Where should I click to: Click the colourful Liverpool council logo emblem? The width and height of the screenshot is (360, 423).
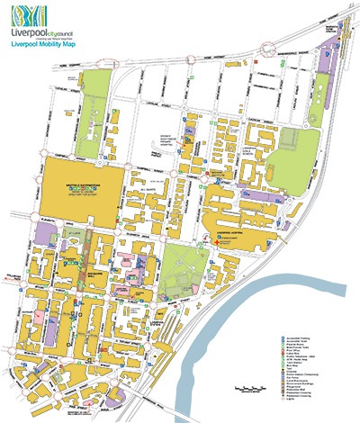(31, 14)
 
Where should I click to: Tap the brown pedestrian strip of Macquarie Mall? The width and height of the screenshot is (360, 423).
(90, 261)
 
